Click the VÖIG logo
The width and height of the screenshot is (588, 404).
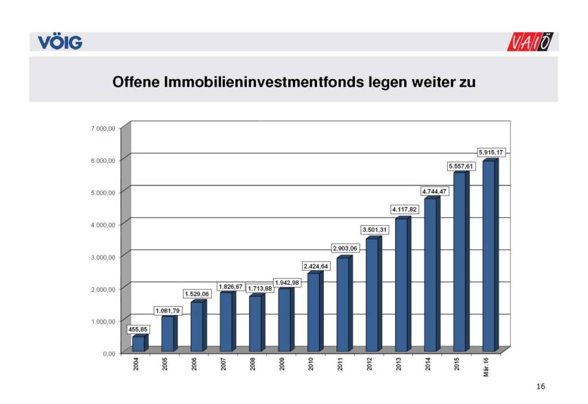pos(60,42)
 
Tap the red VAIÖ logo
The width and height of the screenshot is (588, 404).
pos(532,42)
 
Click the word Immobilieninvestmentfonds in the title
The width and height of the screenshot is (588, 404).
pos(263,81)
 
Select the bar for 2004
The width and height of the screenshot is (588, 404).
pos(138,344)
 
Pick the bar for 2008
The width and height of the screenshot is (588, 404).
pos(255,323)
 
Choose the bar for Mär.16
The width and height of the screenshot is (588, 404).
pos(489,256)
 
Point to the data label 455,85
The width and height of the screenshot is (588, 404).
pos(137,330)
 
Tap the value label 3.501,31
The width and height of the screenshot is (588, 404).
pos(375,230)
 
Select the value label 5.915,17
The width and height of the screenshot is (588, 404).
pos(493,152)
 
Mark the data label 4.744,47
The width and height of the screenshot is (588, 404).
pos(434,191)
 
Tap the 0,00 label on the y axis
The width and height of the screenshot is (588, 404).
pos(109,353)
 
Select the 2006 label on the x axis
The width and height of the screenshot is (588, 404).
pos(195,364)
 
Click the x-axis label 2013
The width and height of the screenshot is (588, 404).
pos(399,364)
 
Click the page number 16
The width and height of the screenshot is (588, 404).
pos(540,387)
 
